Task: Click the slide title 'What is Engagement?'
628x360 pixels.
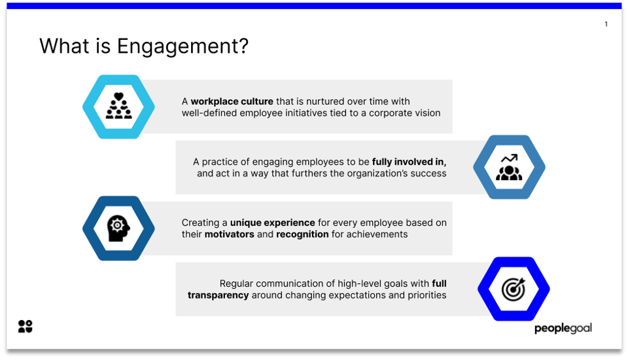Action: click(144, 46)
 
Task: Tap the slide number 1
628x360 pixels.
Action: click(606, 24)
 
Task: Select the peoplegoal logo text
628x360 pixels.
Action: click(563, 328)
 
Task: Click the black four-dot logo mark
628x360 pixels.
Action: click(26, 326)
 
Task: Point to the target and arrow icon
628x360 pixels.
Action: click(514, 289)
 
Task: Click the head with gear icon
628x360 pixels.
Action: click(118, 228)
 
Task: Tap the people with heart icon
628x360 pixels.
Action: click(118, 107)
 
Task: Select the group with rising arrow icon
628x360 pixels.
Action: click(509, 168)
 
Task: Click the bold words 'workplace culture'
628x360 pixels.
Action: click(232, 101)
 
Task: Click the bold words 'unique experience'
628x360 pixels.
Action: click(272, 223)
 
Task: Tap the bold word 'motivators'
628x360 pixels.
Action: click(229, 234)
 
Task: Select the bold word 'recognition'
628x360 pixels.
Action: click(302, 234)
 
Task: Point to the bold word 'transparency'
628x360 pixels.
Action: click(218, 295)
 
